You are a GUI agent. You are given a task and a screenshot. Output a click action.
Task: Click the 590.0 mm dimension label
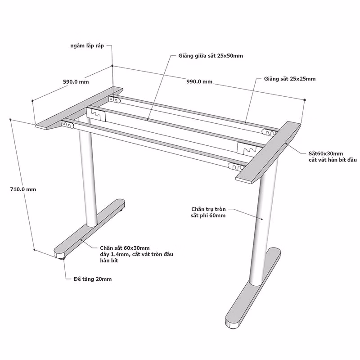coord(76,82)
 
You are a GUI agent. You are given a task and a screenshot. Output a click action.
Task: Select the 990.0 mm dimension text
coord(199,81)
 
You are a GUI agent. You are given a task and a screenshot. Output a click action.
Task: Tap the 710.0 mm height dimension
coord(23,189)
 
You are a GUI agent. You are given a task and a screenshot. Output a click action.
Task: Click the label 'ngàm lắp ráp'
coord(87,46)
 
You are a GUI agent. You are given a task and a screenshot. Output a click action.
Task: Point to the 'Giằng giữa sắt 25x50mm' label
coord(211,56)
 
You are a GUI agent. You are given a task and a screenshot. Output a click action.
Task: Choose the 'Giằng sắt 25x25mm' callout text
coord(290,79)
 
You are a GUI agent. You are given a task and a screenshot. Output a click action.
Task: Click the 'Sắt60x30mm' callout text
coord(325,153)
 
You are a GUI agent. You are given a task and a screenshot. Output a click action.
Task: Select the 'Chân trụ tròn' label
coord(208,209)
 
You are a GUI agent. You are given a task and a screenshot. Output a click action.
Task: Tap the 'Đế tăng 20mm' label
coord(93,279)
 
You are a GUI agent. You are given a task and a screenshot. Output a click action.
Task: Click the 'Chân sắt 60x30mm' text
coord(125,248)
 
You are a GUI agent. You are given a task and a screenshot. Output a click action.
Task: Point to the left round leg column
coord(88,175)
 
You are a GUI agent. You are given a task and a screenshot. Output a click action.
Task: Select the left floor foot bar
coord(90,228)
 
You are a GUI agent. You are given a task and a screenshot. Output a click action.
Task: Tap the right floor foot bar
coord(253,288)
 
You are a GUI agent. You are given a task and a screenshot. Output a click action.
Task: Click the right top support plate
coord(268,152)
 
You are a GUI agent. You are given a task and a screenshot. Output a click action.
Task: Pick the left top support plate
coord(79,108)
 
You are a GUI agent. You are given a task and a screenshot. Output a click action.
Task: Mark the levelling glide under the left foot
coord(62,258)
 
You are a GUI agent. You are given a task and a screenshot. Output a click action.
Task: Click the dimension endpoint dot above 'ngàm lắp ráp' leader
coord(112,66)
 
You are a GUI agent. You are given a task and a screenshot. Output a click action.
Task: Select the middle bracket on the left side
coord(96,114)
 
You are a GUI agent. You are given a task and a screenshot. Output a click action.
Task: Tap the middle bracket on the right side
coord(247,148)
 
